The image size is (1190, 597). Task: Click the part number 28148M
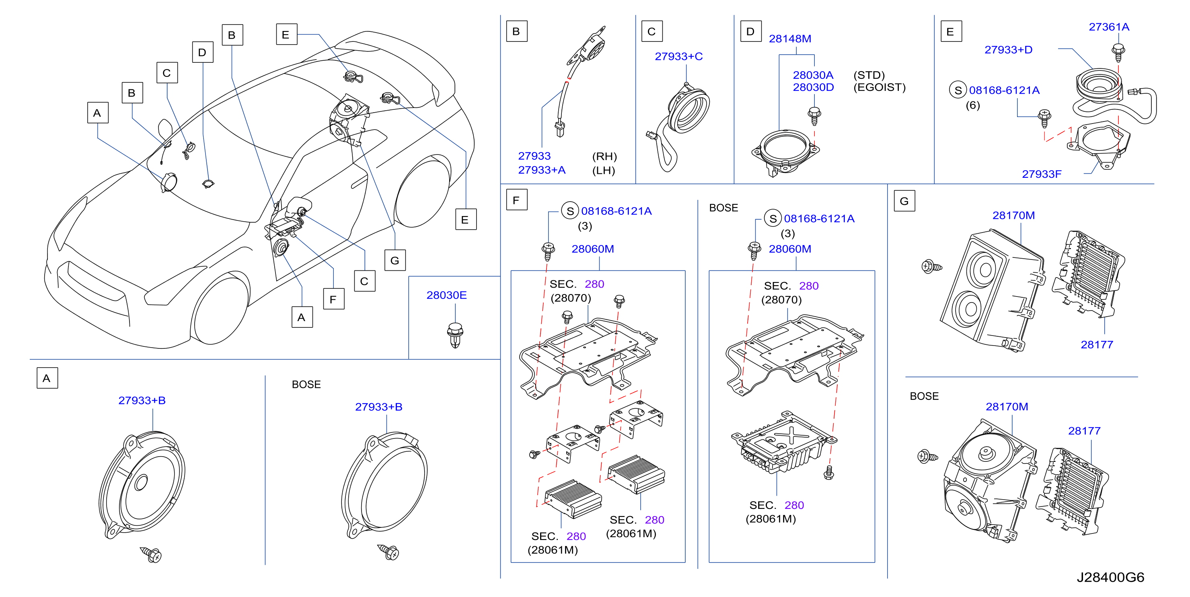click(x=789, y=39)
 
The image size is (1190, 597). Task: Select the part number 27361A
click(x=1109, y=27)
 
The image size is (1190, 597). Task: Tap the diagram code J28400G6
click(x=1110, y=577)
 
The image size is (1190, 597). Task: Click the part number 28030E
click(x=446, y=295)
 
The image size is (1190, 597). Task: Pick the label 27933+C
click(x=678, y=56)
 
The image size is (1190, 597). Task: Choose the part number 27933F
click(x=1041, y=174)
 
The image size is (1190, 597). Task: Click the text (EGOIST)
click(x=879, y=87)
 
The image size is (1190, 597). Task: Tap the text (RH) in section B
click(x=604, y=156)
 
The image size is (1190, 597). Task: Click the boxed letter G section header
click(x=904, y=201)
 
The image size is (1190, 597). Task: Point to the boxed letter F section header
click(x=516, y=200)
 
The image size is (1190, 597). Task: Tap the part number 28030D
click(x=813, y=87)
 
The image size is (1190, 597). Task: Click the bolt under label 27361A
click(x=1118, y=53)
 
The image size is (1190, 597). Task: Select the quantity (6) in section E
click(x=972, y=105)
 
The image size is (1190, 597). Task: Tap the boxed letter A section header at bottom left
click(x=47, y=378)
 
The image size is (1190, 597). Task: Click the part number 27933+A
click(x=541, y=170)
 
